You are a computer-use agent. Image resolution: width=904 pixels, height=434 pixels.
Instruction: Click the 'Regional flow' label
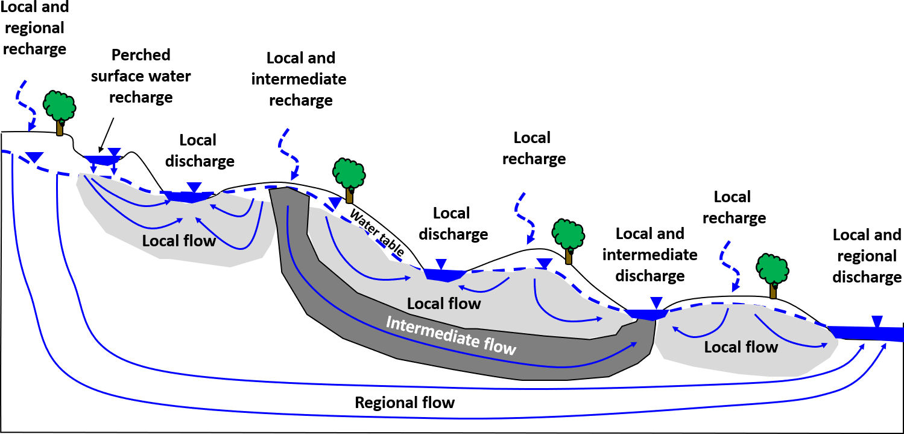coord(405,403)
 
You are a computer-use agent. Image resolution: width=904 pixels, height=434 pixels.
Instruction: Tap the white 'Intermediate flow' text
coord(450,335)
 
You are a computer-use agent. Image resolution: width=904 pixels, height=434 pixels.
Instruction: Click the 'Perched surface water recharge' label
coord(142,76)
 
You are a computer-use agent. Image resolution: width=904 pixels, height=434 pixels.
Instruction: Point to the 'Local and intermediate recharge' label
coord(300,79)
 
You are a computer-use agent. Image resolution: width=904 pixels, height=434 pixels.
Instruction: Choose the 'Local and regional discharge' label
coord(867,256)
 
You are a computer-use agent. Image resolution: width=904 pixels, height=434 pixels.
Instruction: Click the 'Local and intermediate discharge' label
coord(650,255)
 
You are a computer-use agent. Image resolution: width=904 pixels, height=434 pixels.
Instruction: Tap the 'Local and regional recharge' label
coord(34,28)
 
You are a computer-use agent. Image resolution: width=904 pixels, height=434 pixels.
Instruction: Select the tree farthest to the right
coord(772,272)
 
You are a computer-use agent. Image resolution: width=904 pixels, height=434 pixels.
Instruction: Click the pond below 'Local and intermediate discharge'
coord(646,314)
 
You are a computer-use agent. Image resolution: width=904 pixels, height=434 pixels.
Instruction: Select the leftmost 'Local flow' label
coord(179,241)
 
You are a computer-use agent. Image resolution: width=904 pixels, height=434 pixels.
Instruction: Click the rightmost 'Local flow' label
coord(741,347)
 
